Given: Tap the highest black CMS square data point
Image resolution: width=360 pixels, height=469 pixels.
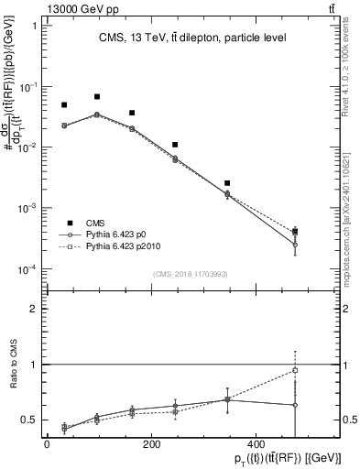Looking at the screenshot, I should click(x=97, y=96).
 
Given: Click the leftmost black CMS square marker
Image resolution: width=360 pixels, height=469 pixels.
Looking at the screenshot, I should click(x=64, y=105).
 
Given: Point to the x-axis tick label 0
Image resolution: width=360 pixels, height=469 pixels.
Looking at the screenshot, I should click(x=47, y=443).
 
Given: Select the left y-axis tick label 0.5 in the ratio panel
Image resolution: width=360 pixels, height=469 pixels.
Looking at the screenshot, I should click(x=28, y=420).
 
